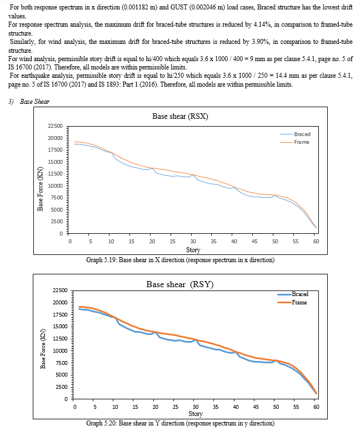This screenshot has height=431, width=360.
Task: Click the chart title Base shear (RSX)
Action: tap(180, 116)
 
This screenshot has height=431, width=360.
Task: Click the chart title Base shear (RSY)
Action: tap(180, 284)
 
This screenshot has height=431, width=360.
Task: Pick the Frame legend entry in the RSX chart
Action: tap(295, 142)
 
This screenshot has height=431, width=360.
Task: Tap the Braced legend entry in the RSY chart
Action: tap(293, 294)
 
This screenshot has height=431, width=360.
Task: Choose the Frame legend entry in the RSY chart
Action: tap(292, 302)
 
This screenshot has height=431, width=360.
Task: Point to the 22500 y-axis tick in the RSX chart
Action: tap(55, 126)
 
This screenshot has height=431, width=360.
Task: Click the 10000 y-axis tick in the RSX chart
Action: tap(55, 186)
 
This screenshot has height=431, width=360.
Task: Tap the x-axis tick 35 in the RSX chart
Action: tap(213, 242)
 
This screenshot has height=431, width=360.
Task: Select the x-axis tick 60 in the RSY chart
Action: tap(316, 407)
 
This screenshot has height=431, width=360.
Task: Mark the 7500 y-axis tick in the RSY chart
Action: tap(61, 363)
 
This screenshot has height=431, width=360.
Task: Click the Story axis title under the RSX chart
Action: tap(193, 250)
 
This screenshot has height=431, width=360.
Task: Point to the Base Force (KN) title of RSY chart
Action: tap(43, 349)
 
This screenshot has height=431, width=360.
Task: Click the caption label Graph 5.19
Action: tap(101, 260)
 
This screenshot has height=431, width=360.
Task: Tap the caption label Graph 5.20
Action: tap(101, 423)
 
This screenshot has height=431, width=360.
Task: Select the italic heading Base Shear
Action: tap(34, 102)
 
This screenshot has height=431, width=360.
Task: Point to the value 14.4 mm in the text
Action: tap(287, 76)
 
